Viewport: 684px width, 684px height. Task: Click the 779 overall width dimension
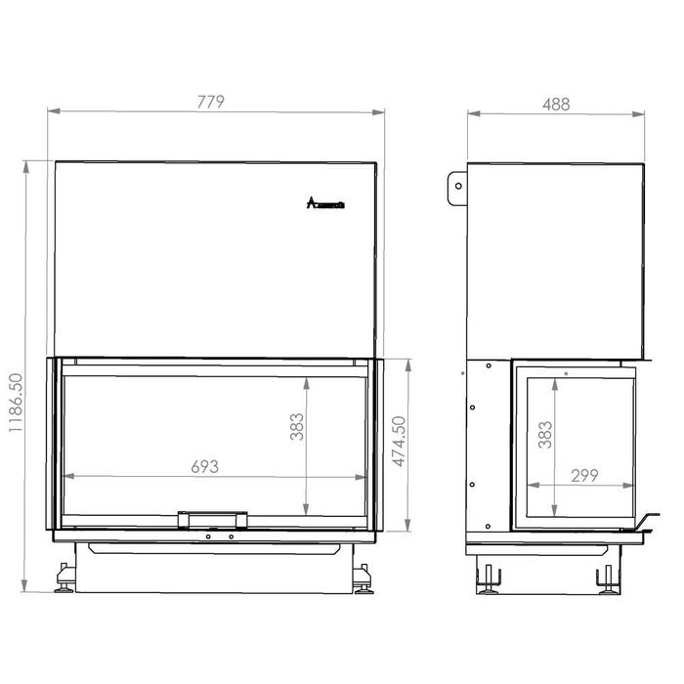212,101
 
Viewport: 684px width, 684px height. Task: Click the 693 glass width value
204,466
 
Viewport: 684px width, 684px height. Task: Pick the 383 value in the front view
298,426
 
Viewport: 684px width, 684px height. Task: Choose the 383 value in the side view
545,434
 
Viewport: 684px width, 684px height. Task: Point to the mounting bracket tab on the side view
457,189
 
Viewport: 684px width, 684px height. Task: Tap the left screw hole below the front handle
208,535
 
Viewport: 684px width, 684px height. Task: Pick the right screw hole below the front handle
232,535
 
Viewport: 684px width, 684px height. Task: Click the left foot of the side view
489,579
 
